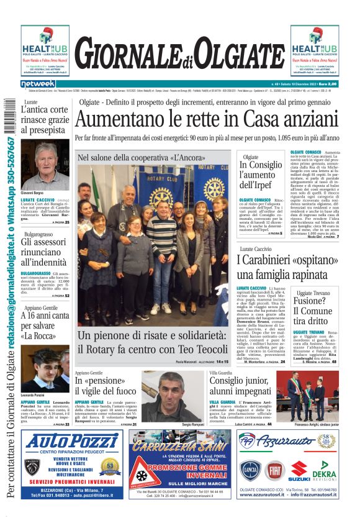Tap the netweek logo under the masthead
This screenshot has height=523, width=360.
pyautogui.click(x=38, y=84)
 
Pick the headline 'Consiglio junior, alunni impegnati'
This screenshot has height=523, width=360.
pyautogui.click(x=243, y=385)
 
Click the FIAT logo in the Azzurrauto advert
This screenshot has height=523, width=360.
pyautogui.click(x=274, y=471)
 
